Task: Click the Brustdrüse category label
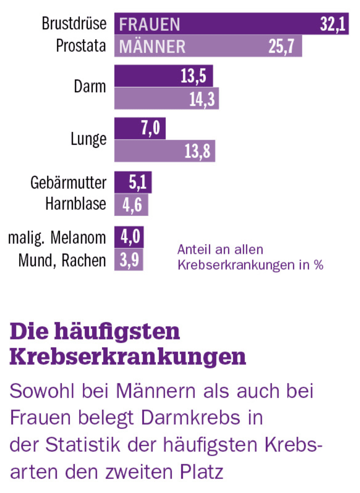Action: click(74, 24)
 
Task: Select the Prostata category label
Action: click(81, 46)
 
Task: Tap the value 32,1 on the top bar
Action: click(334, 24)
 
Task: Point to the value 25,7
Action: click(281, 47)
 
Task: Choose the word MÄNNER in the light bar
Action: click(152, 47)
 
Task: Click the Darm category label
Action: click(90, 87)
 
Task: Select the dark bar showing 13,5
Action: click(163, 76)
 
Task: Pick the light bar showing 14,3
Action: click(166, 98)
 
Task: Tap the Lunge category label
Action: click(88, 139)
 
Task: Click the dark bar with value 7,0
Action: click(140, 128)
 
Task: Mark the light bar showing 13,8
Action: click(164, 151)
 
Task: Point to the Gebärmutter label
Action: click(68, 182)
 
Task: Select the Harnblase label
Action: click(76, 204)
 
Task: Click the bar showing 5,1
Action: click(133, 183)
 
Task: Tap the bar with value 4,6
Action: click(131, 205)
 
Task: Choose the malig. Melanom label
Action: click(57, 238)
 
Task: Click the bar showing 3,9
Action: click(129, 260)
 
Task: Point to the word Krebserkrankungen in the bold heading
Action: click(128, 357)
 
